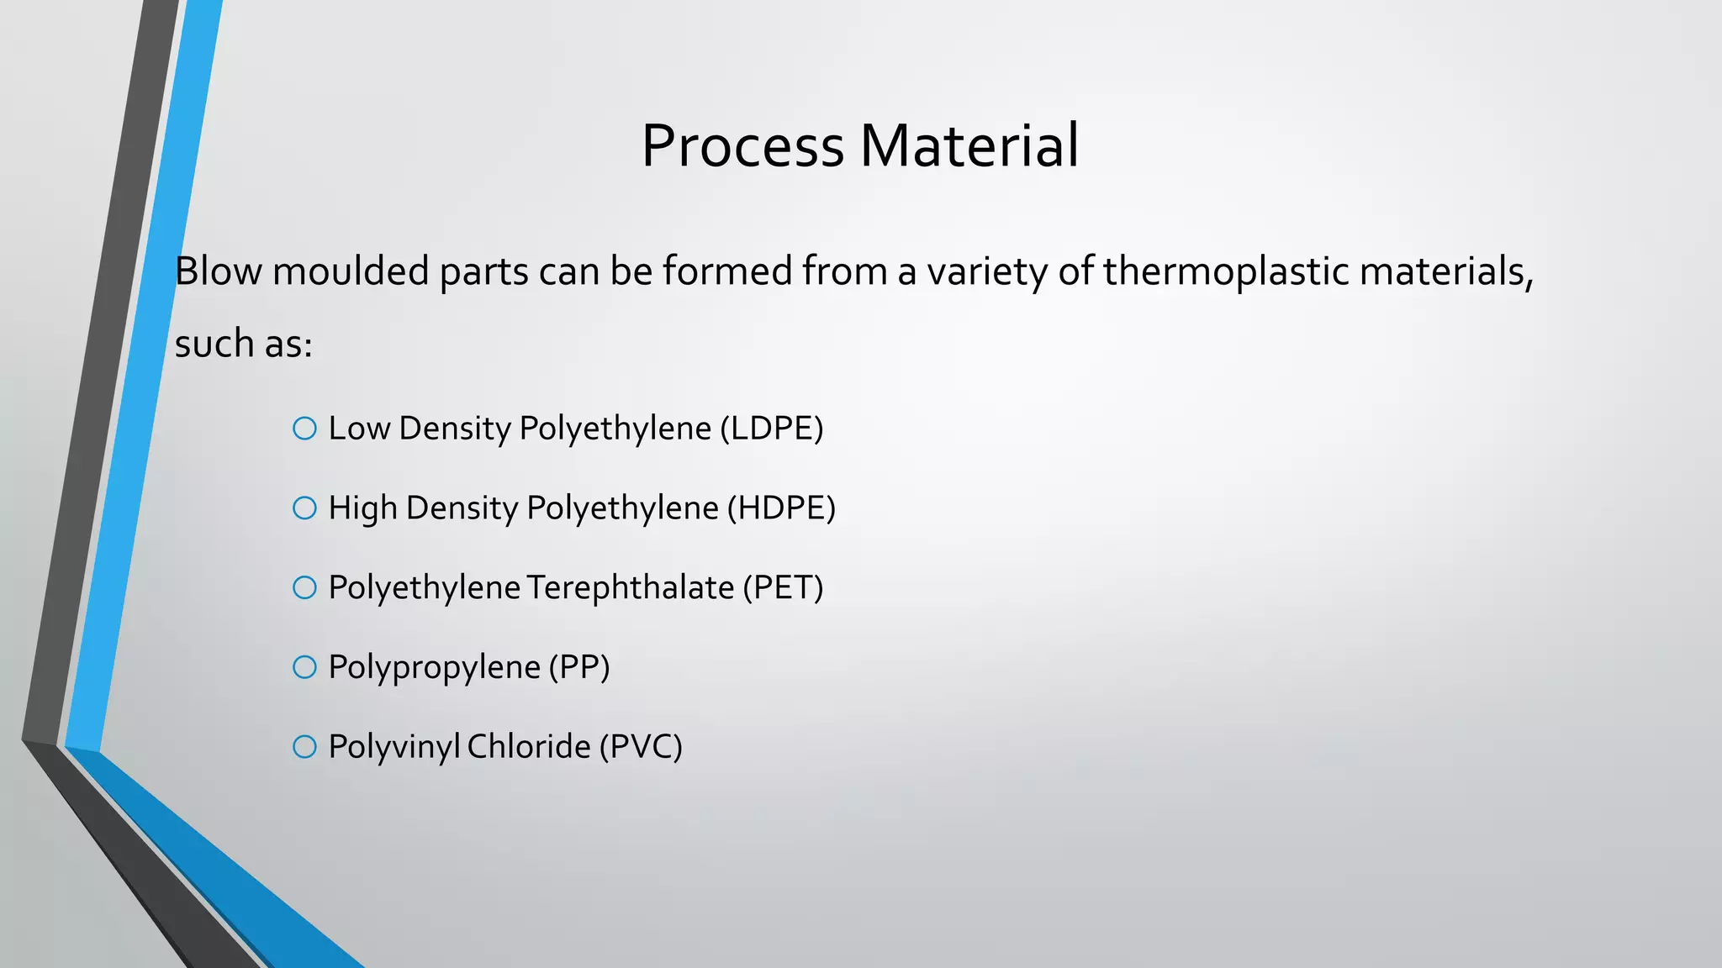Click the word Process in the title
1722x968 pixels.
click(742, 146)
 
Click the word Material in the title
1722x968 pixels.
click(969, 146)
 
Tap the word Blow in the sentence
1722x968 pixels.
click(218, 271)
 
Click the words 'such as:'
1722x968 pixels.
click(243, 344)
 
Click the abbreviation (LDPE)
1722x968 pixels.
click(771, 429)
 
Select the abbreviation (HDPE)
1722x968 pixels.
click(781, 508)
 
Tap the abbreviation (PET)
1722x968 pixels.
click(782, 587)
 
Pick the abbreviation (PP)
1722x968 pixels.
click(579, 667)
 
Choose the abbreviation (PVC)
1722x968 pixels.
click(641, 746)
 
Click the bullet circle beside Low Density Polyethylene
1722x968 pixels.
click(304, 429)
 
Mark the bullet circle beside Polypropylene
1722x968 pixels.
click(304, 667)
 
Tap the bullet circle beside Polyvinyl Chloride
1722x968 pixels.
click(304, 746)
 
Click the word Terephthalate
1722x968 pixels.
click(631, 587)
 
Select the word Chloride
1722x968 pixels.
click(529, 746)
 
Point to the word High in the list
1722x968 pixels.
click(362, 508)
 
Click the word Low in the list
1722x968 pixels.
click(359, 429)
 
